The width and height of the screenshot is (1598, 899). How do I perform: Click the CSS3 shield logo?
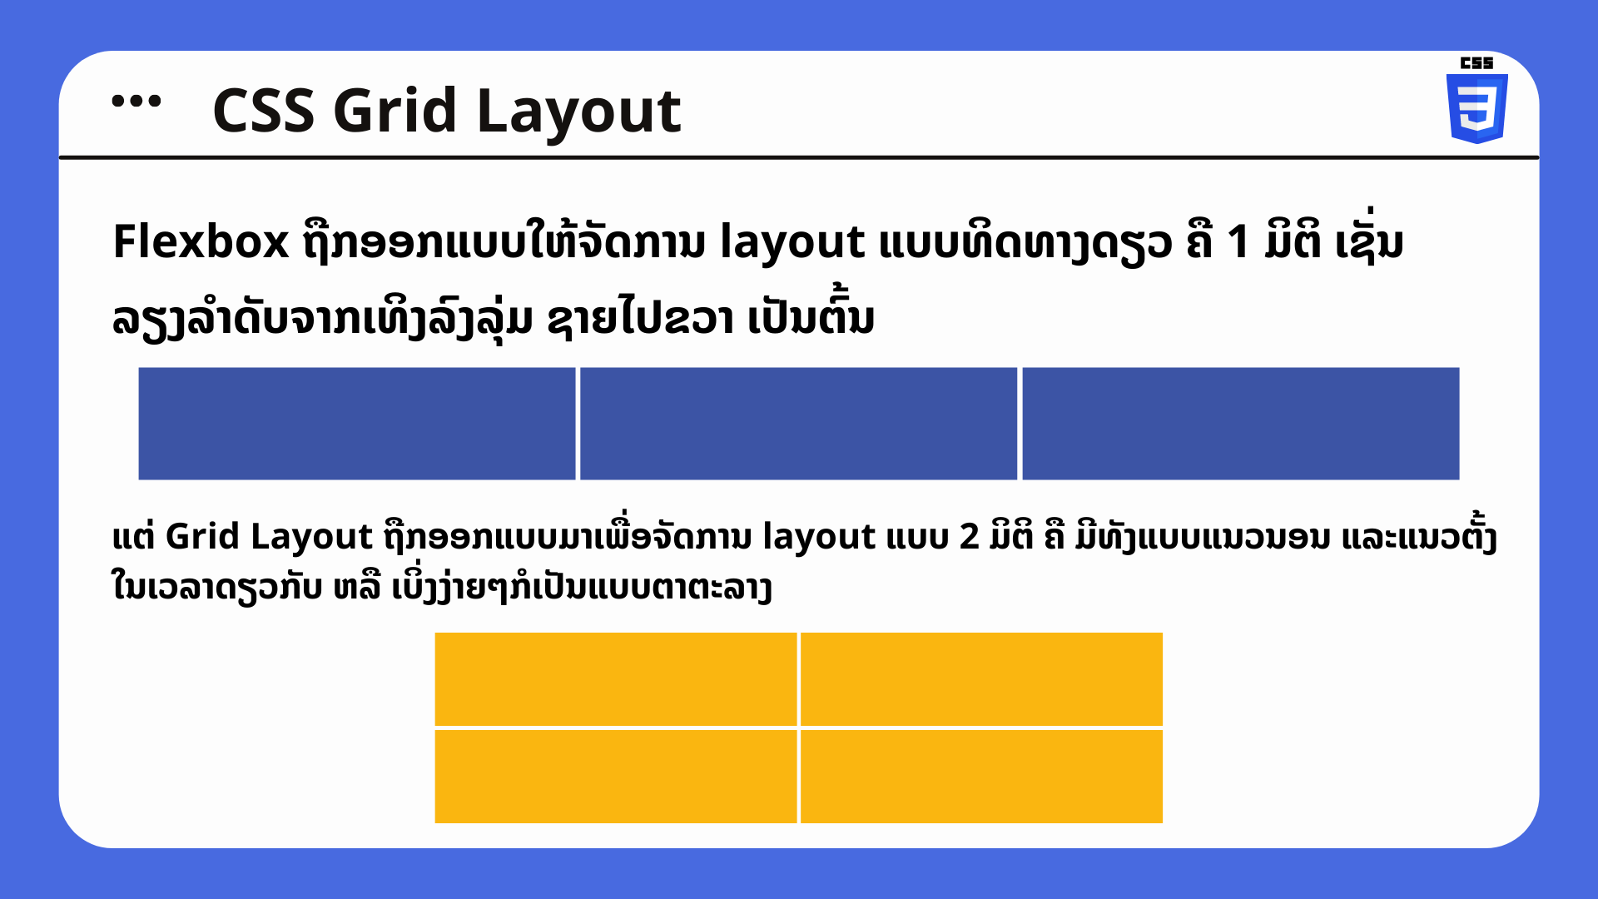pos(1477,108)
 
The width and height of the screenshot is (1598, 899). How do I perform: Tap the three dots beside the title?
pos(136,102)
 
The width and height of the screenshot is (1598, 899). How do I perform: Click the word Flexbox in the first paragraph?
pos(201,242)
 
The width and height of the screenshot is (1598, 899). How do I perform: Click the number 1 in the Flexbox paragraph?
pos(1238,242)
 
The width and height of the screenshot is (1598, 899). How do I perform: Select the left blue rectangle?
pos(357,424)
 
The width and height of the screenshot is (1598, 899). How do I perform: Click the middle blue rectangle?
pos(799,424)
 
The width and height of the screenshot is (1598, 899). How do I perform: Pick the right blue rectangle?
pos(1241,424)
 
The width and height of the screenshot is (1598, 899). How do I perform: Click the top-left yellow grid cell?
pos(616,679)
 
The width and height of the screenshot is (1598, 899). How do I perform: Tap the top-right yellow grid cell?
pos(981,679)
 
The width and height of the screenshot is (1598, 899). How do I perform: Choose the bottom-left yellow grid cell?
pos(616,777)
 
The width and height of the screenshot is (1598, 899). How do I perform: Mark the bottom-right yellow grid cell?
pos(981,777)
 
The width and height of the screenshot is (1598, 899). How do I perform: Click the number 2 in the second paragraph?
pos(969,537)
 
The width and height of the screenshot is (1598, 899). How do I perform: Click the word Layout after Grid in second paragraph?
pos(311,538)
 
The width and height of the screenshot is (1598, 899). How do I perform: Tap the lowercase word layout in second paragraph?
pos(819,539)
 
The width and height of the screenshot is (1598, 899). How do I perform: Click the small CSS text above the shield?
pos(1477,63)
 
